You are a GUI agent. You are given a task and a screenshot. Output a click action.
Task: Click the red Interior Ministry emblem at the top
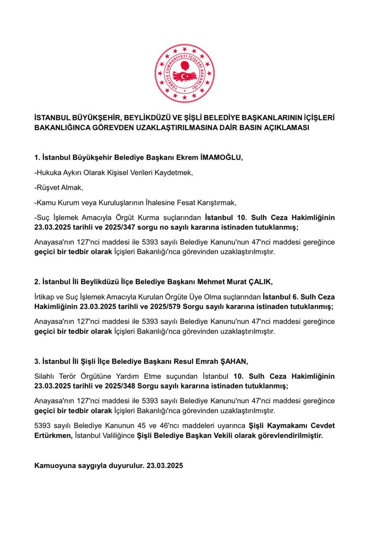[x=185, y=73]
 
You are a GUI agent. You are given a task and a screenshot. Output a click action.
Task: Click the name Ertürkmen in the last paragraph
[x=53, y=435]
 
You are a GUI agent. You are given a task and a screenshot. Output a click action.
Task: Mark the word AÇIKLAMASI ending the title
[x=284, y=128]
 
